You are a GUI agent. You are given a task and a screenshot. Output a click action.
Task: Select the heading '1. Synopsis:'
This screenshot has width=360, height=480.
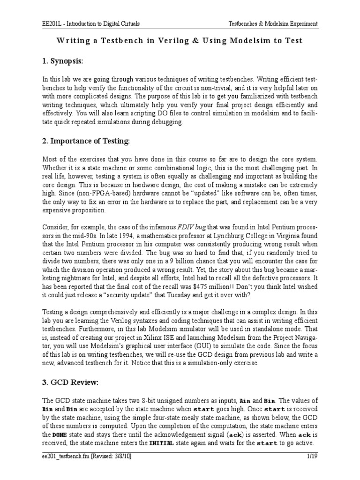[62, 61]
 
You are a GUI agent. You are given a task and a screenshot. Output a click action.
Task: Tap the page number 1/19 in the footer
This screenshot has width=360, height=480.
[312, 455]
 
